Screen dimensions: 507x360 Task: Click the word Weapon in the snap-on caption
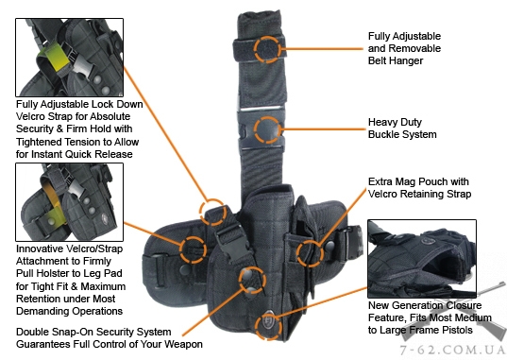(x=183, y=344)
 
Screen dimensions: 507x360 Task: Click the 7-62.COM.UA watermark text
(x=452, y=351)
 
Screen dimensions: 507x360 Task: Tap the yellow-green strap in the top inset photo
(x=55, y=58)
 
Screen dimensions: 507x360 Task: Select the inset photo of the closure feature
(x=422, y=259)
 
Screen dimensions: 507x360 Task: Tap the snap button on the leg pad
(x=185, y=270)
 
